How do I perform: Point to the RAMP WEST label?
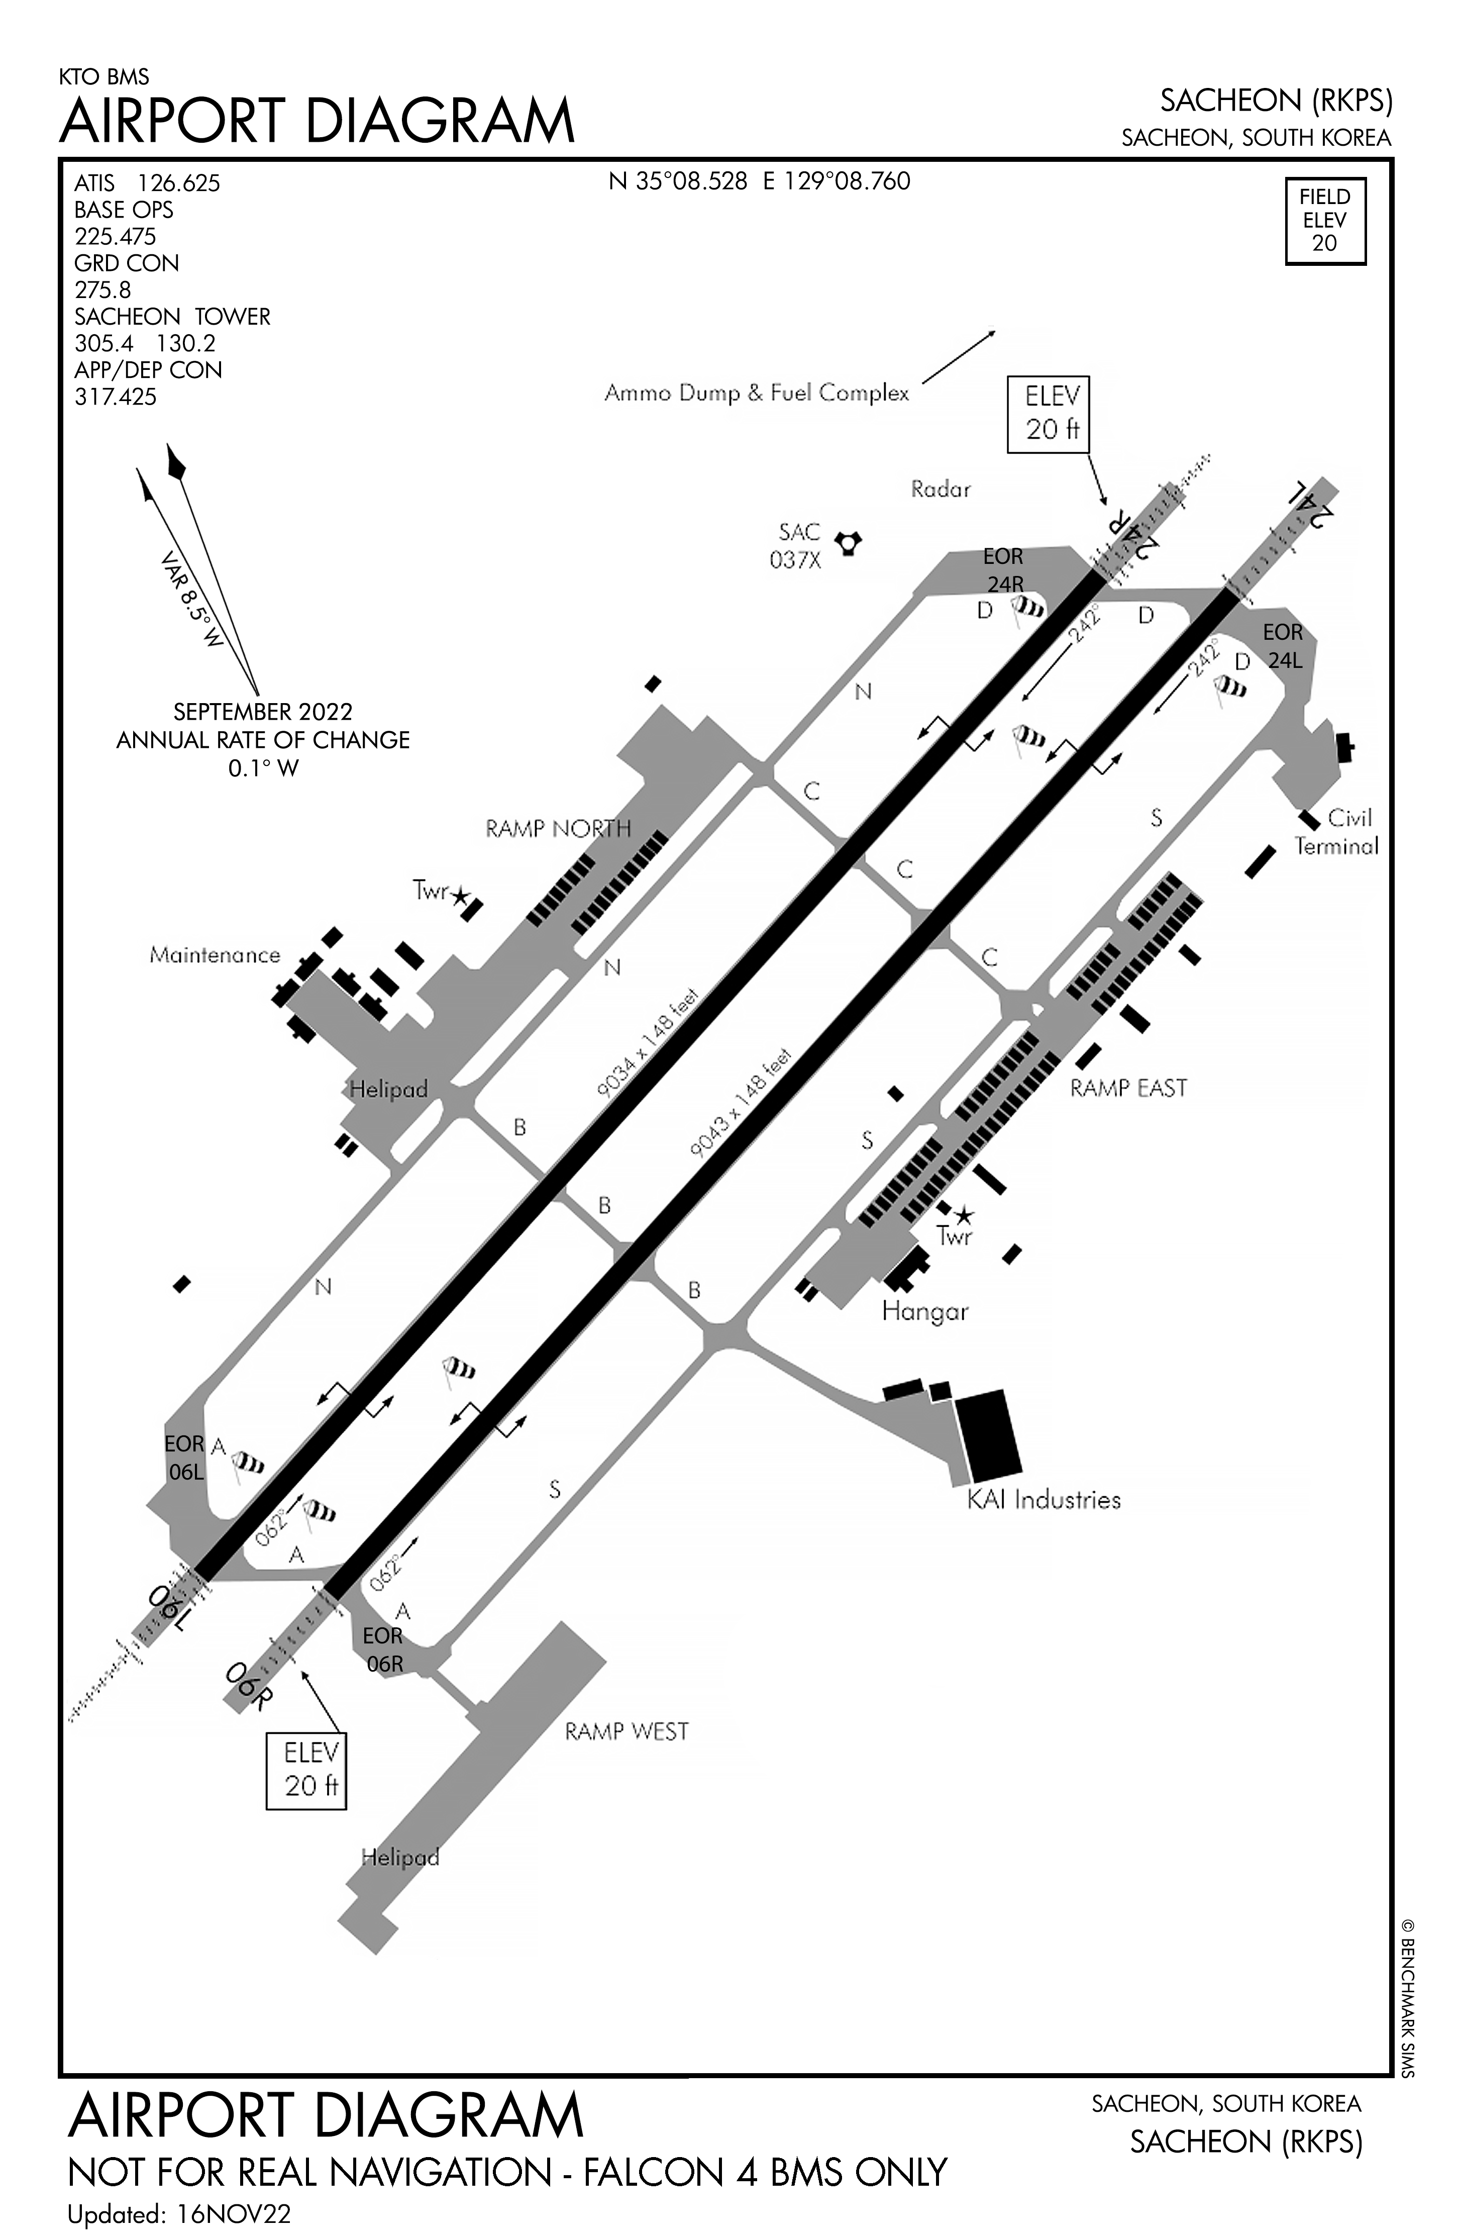point(627,1732)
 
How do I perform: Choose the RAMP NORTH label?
point(558,829)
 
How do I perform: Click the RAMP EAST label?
point(1128,1089)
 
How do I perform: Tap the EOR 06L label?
point(184,1457)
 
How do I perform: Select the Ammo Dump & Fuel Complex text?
point(756,393)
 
